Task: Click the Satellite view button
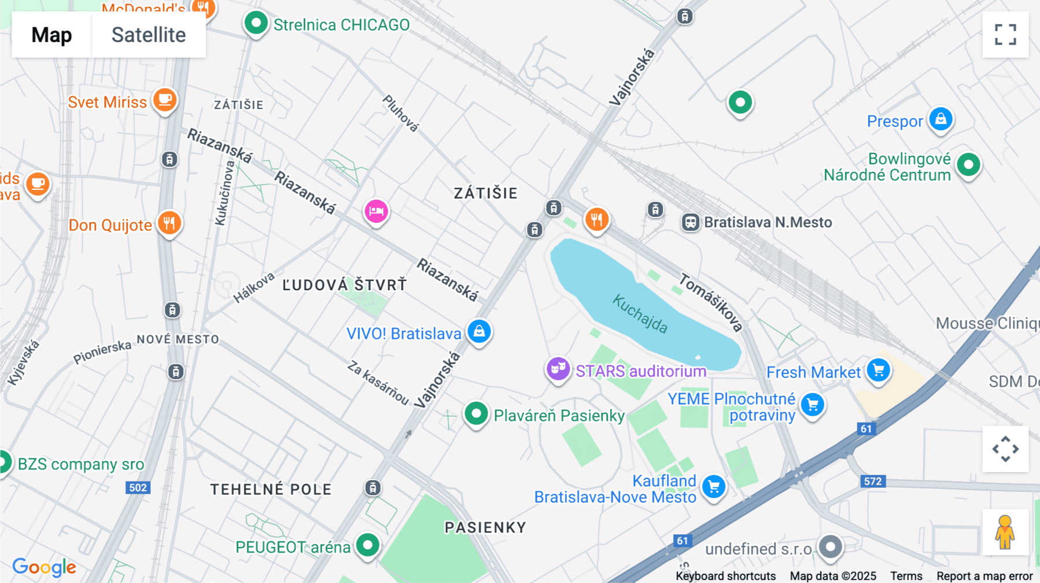click(148, 35)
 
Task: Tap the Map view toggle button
click(51, 35)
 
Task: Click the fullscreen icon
click(1005, 35)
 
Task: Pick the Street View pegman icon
click(1005, 532)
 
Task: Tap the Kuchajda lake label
click(640, 314)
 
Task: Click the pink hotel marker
click(376, 211)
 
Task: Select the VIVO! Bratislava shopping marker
click(479, 332)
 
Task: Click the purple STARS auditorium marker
click(558, 368)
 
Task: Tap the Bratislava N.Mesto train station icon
click(690, 222)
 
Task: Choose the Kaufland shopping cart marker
click(714, 487)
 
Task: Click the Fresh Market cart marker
click(879, 371)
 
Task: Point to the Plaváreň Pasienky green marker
click(476, 414)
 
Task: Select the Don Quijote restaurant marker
click(169, 222)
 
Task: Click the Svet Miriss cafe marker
click(165, 100)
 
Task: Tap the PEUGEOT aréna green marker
click(367, 544)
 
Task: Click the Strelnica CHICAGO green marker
click(256, 24)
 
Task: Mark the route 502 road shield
click(138, 488)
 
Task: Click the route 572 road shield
click(872, 481)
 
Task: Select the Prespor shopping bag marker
click(941, 119)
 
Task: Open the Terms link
click(906, 576)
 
